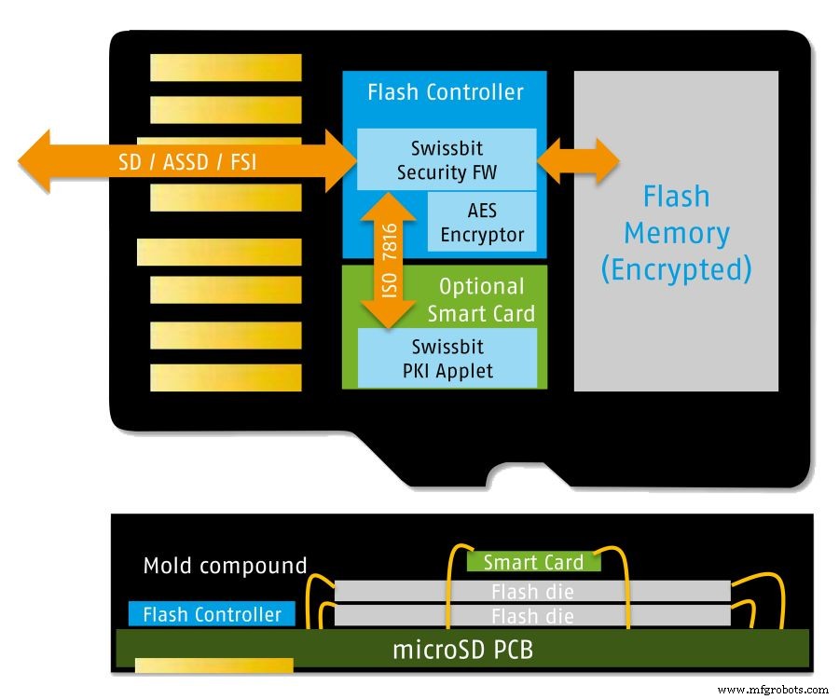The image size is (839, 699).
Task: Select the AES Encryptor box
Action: pyautogui.click(x=482, y=222)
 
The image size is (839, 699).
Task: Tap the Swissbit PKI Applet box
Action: pyautogui.click(x=447, y=359)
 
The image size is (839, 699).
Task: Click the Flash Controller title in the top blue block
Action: pyautogui.click(x=446, y=92)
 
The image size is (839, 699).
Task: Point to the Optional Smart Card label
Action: pyautogui.click(x=481, y=299)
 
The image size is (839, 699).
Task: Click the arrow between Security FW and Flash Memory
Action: pyautogui.click(x=578, y=161)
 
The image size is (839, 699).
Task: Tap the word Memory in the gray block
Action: pyautogui.click(x=676, y=233)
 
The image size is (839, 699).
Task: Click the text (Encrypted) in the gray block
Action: pyautogui.click(x=676, y=269)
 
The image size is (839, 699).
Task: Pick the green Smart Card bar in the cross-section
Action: pyautogui.click(x=533, y=562)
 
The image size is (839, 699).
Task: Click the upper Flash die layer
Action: pyautogui.click(x=531, y=591)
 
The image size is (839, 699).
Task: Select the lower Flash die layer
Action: pyautogui.click(x=531, y=615)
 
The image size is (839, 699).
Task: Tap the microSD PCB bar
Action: pyautogui.click(x=461, y=648)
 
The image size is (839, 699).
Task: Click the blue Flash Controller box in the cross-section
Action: pyautogui.click(x=212, y=614)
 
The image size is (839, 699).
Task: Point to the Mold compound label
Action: pyautogui.click(x=225, y=566)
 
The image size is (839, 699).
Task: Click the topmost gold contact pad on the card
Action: pyautogui.click(x=226, y=67)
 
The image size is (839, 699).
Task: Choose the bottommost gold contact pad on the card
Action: pyautogui.click(x=226, y=377)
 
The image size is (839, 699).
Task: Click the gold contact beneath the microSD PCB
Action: pyautogui.click(x=214, y=665)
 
